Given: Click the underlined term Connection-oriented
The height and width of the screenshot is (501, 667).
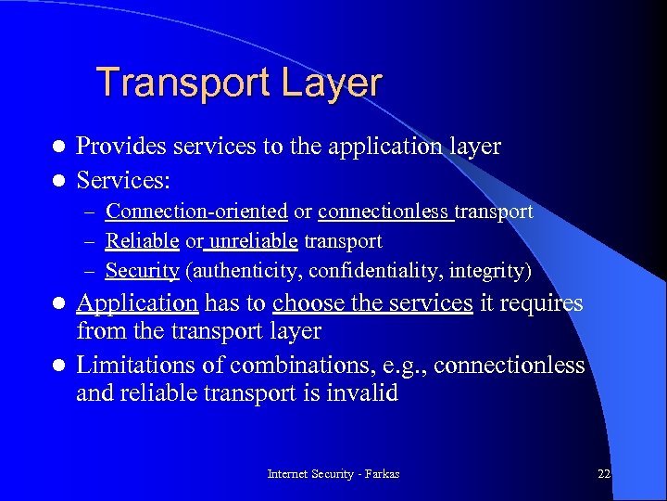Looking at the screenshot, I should (196, 212).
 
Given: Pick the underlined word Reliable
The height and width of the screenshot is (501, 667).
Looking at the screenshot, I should (142, 241).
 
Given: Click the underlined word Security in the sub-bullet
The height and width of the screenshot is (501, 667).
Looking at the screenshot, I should (142, 271).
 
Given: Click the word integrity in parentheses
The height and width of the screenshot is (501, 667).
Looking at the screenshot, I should (492, 271).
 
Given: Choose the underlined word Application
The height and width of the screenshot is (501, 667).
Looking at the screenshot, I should (137, 303).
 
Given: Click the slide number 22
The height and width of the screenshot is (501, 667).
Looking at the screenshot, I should (604, 474).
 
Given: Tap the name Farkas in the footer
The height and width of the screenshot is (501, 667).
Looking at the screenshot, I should (380, 474).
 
